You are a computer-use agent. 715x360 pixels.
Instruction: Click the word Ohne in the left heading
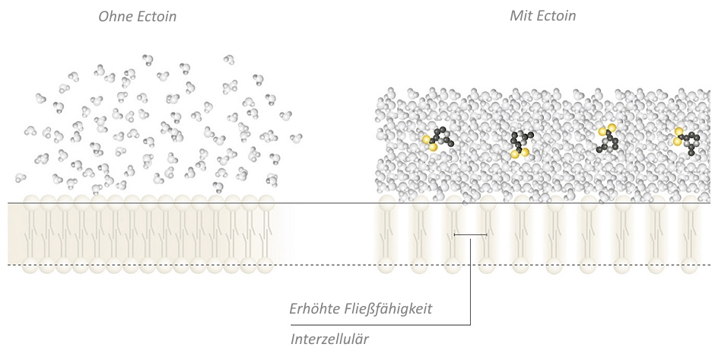[x=113, y=17]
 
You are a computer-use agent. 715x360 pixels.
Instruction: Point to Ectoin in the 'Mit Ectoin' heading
[x=555, y=16]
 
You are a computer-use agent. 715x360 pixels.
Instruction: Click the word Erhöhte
[x=312, y=308]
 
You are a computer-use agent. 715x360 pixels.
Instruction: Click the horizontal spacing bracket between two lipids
[x=471, y=234]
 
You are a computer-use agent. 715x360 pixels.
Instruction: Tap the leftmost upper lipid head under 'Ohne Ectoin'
[x=31, y=202]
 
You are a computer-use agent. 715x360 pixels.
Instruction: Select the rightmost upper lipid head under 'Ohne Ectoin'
[x=266, y=202]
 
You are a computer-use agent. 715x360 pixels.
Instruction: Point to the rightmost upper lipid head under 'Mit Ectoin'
[x=690, y=202]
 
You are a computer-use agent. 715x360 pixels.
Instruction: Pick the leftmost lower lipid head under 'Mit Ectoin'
[x=386, y=265]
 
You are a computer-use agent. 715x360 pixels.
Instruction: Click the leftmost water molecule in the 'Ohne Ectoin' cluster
[x=20, y=177]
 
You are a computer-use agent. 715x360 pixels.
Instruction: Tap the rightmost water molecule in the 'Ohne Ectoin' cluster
[x=296, y=137]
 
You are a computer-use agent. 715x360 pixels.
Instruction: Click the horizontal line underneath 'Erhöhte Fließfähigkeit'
[x=381, y=325]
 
